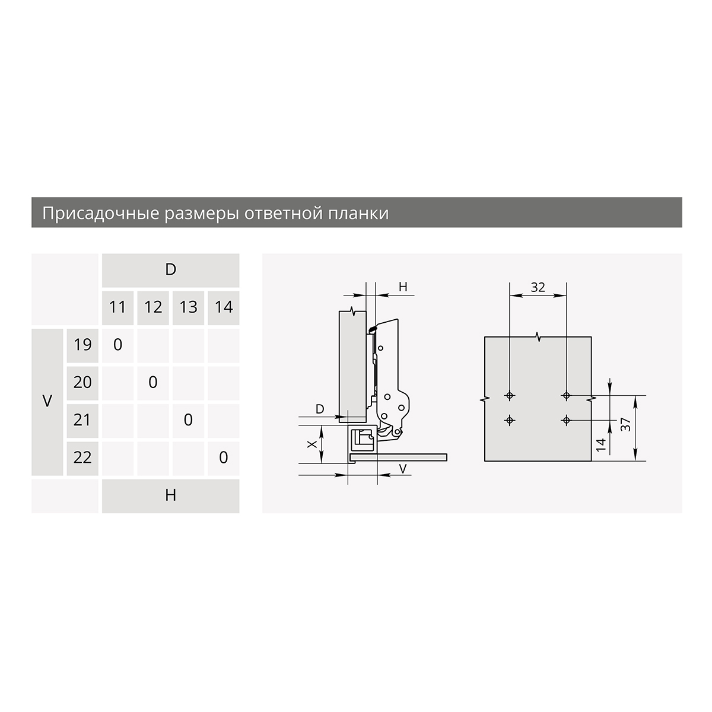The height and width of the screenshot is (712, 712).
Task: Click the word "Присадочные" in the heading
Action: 100,214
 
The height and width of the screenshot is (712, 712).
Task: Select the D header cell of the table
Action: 171,270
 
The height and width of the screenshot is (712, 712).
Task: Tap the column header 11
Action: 117,308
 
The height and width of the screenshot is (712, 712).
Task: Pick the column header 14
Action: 224,308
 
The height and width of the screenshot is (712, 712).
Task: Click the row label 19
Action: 82,345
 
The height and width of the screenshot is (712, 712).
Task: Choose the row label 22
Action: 82,459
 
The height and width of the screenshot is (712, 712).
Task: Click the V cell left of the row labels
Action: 47,402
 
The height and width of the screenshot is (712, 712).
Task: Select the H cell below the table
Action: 171,496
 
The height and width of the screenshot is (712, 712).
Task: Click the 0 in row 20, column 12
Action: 153,383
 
